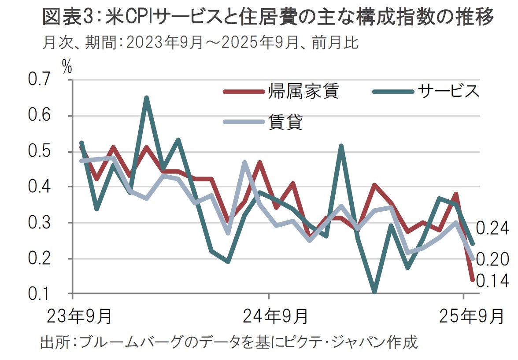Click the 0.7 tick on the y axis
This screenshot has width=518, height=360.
coord(40,81)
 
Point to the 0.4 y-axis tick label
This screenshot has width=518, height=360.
coord(40,187)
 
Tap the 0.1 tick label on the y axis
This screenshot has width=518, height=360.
coord(40,294)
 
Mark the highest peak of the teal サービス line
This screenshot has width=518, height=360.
coord(147,98)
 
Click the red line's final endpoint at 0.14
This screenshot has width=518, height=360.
coord(472,279)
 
